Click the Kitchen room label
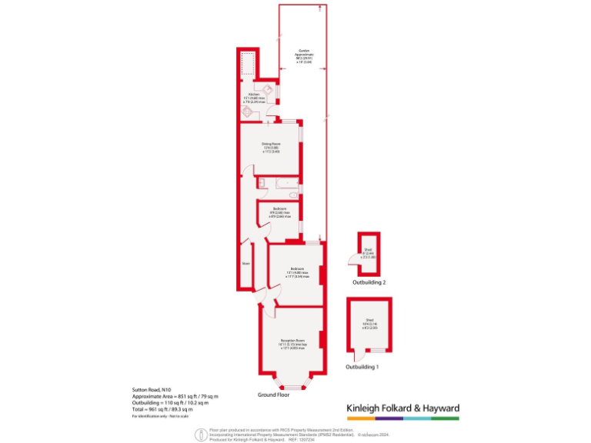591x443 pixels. [x=253, y=96]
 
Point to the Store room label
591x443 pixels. [x=246, y=263]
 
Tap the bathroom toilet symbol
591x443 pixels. [x=262, y=182]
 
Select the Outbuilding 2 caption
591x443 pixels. [x=369, y=283]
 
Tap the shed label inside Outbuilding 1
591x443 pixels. [x=369, y=322]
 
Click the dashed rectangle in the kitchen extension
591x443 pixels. [x=247, y=65]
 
